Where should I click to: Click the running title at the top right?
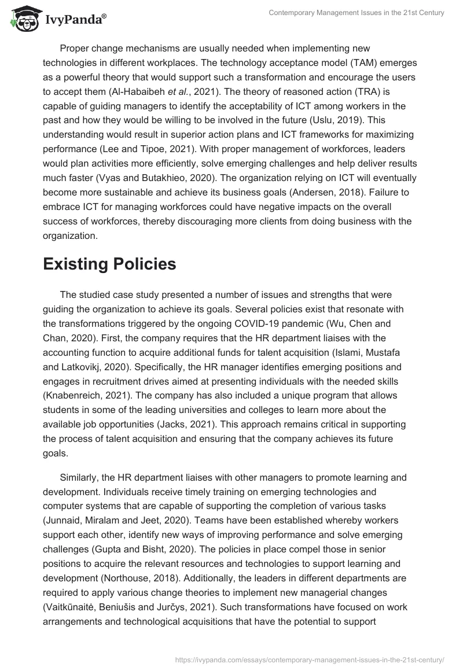[357, 13]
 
